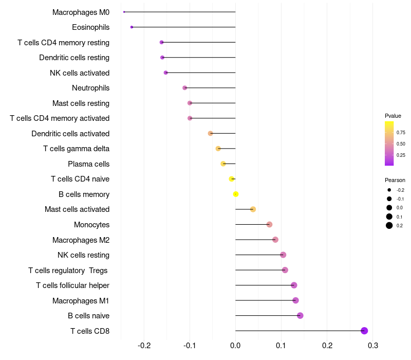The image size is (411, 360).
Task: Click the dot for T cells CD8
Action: click(364, 331)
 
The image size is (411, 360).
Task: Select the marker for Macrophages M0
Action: click(124, 12)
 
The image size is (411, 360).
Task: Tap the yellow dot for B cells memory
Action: click(236, 194)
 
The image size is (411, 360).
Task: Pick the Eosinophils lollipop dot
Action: click(132, 27)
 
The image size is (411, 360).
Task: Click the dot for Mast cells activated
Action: click(253, 209)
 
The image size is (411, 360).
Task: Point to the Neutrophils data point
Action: click(185, 88)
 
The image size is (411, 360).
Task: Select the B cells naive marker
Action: click(300, 316)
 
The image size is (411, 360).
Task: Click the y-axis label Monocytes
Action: click(91, 225)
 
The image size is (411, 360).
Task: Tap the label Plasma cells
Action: click(88, 164)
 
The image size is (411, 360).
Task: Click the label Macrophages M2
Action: click(81, 240)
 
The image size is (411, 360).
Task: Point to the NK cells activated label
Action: click(80, 73)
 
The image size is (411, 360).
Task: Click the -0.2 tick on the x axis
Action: click(144, 345)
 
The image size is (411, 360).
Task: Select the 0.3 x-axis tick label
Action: click(373, 345)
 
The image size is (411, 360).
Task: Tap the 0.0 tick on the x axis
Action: click(235, 345)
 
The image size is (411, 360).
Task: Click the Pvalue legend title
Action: click(393, 116)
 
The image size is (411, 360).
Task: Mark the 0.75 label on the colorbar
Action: click(401, 132)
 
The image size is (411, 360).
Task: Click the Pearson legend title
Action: click(395, 180)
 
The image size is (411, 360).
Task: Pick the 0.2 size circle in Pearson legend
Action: click(389, 225)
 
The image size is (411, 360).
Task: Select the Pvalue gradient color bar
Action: click(389, 143)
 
